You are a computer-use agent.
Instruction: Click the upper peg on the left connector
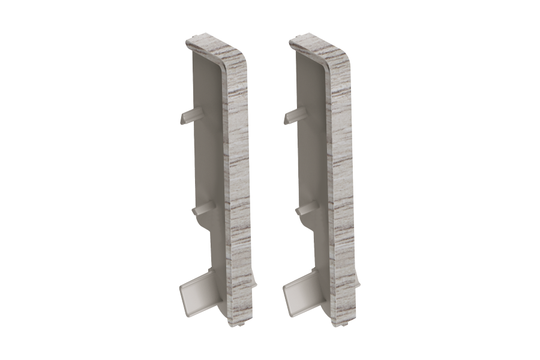coord(190,116)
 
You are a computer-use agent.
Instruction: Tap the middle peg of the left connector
coord(203,209)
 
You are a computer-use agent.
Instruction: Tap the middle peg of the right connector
coord(305,209)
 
